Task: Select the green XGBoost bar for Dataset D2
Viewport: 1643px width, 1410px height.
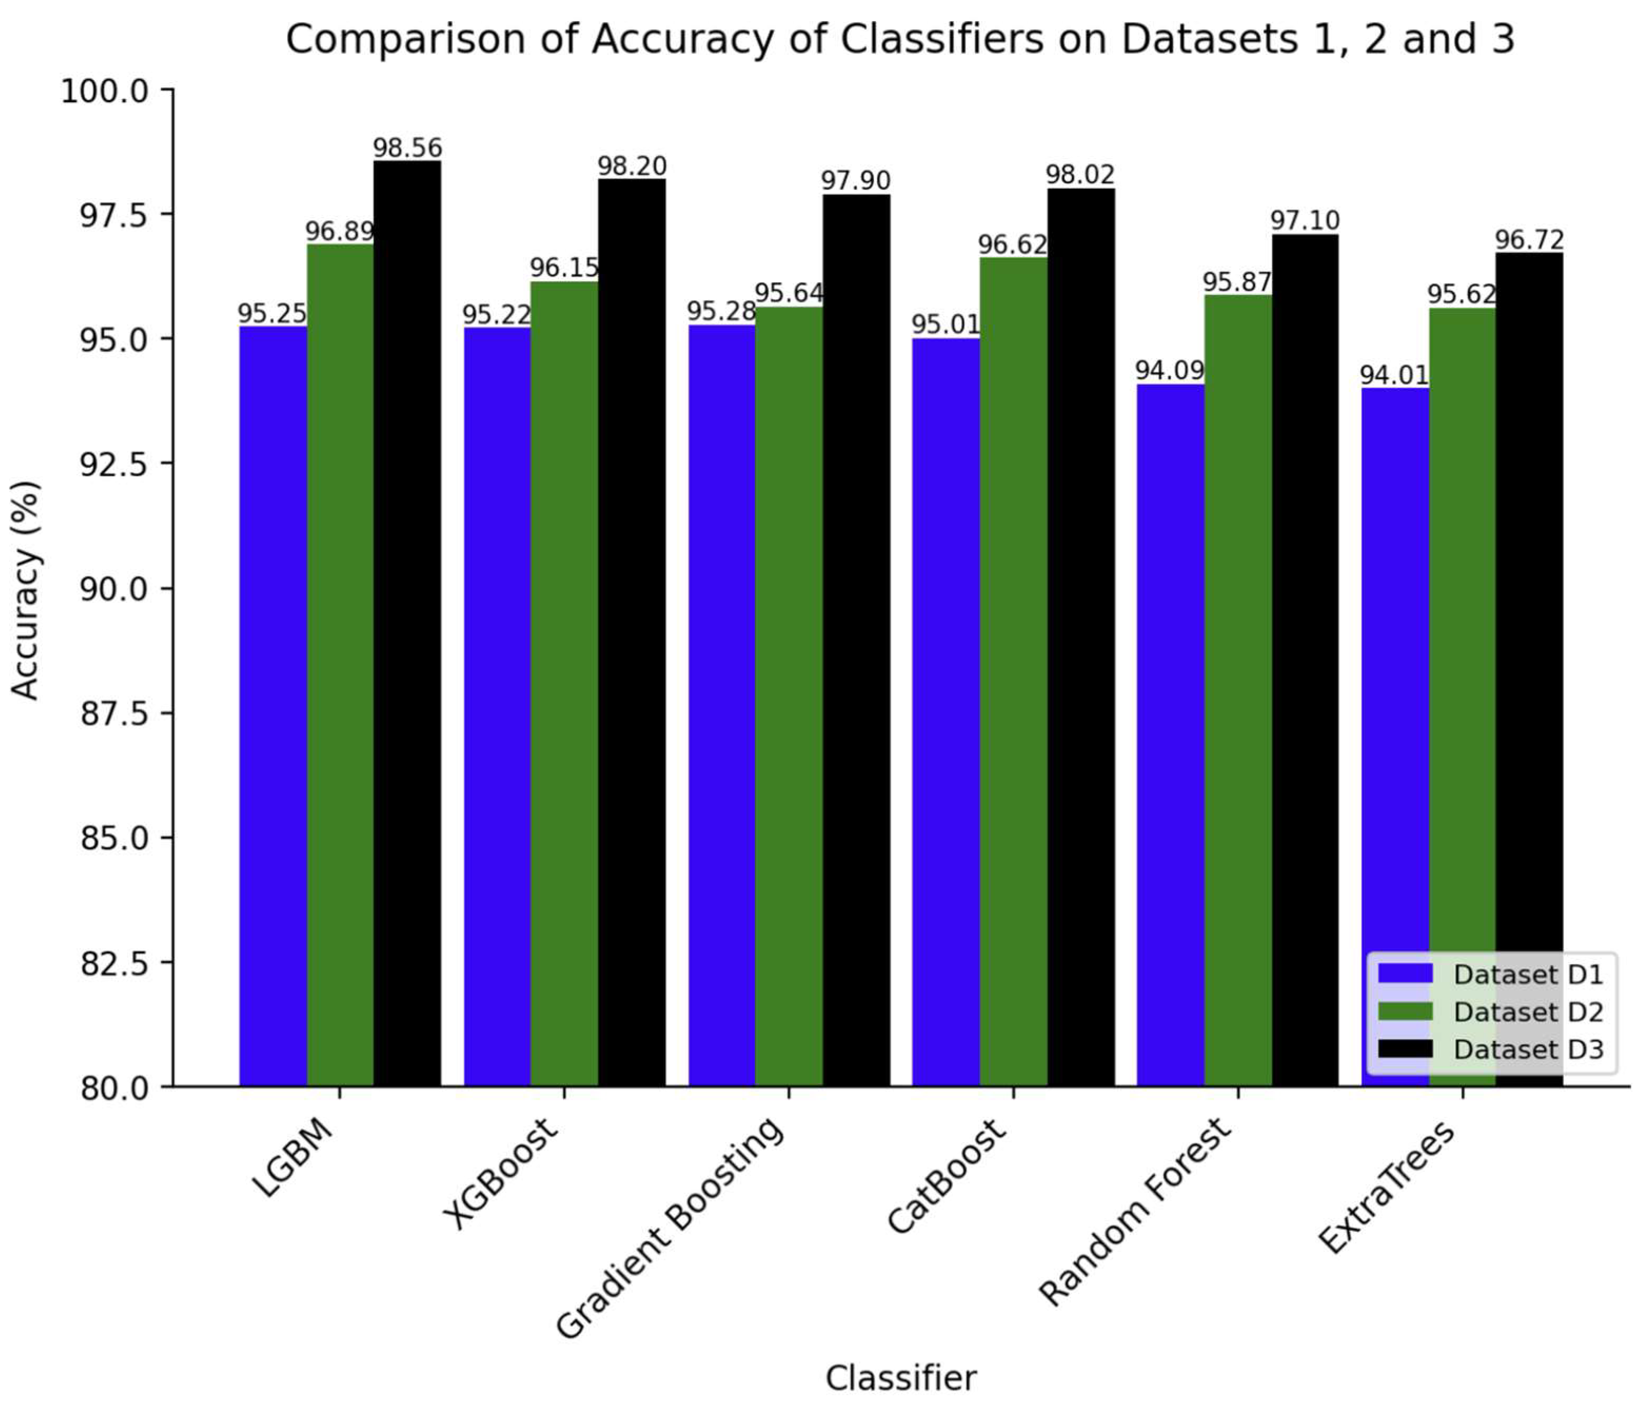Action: tap(564, 682)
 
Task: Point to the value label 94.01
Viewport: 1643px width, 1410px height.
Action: tap(1394, 375)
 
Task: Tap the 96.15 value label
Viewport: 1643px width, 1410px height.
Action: tap(564, 268)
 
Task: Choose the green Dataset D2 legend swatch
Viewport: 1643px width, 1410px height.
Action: tap(1405, 1012)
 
